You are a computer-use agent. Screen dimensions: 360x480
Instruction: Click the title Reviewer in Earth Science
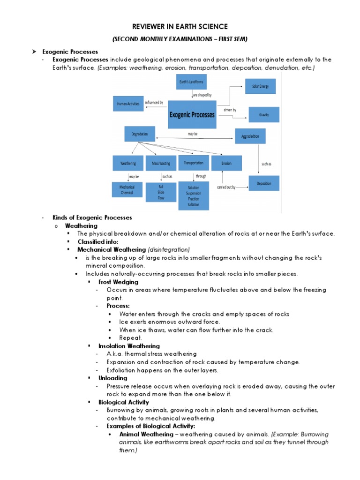tap(180, 27)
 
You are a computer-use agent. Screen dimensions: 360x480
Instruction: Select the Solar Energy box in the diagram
tap(260, 87)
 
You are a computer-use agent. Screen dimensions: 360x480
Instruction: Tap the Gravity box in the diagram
tap(263, 114)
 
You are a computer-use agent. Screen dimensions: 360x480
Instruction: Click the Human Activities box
tap(128, 104)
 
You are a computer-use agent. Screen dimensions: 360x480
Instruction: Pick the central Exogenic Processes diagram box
tap(192, 114)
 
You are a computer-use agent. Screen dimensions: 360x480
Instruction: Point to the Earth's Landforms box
tap(192, 82)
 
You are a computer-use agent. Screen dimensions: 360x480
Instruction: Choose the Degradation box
tap(139, 134)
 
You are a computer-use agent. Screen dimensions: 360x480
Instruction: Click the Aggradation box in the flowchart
tap(250, 136)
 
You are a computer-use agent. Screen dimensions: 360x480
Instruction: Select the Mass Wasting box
tap(161, 163)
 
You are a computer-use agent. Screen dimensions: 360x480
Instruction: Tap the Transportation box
tap(194, 163)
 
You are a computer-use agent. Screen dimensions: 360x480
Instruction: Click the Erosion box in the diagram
tap(227, 163)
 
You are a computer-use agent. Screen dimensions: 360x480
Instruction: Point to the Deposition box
tap(264, 183)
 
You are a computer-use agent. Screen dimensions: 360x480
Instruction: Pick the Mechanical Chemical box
tap(127, 189)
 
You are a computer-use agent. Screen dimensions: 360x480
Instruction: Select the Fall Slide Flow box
tap(161, 192)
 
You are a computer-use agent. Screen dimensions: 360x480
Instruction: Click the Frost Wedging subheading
tap(118, 282)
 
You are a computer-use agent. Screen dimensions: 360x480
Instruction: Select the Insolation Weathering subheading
tap(129, 346)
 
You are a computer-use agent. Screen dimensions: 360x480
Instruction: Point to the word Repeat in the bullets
tap(130, 338)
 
